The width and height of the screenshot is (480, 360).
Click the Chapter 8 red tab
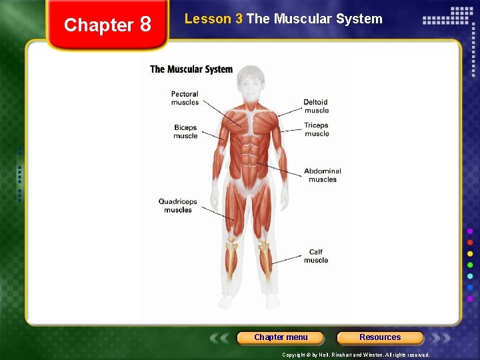[107, 25]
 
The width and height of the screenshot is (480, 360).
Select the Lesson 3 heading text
[283, 19]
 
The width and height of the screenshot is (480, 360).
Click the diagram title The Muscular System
[191, 69]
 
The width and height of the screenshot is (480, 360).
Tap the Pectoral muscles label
[185, 98]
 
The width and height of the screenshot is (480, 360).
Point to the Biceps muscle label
[185, 131]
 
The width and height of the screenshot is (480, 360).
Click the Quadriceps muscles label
[177, 205]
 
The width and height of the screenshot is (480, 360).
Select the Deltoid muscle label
[316, 106]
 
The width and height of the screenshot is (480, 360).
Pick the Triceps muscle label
[317, 129]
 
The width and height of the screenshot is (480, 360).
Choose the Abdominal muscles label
[323, 175]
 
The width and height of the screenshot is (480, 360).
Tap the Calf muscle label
[316, 256]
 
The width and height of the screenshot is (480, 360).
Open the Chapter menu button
[281, 337]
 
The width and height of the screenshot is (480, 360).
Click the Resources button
[380, 337]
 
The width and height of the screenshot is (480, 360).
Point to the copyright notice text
[355, 355]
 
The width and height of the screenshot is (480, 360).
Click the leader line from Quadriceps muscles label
[217, 213]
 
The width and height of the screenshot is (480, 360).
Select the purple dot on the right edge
[470, 231]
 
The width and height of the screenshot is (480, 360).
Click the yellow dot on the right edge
[470, 254]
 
